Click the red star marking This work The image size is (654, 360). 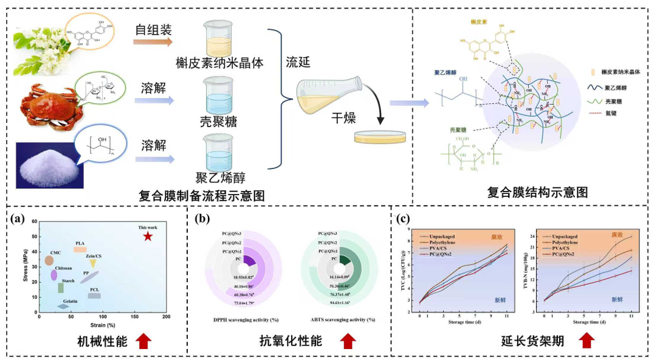click(148, 235)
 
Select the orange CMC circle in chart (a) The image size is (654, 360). click(49, 261)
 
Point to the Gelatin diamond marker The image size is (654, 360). click(63, 306)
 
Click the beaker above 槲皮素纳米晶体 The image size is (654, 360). click(219, 37)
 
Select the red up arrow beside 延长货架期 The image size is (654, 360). click(585, 341)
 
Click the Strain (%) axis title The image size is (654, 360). click(98, 324)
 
